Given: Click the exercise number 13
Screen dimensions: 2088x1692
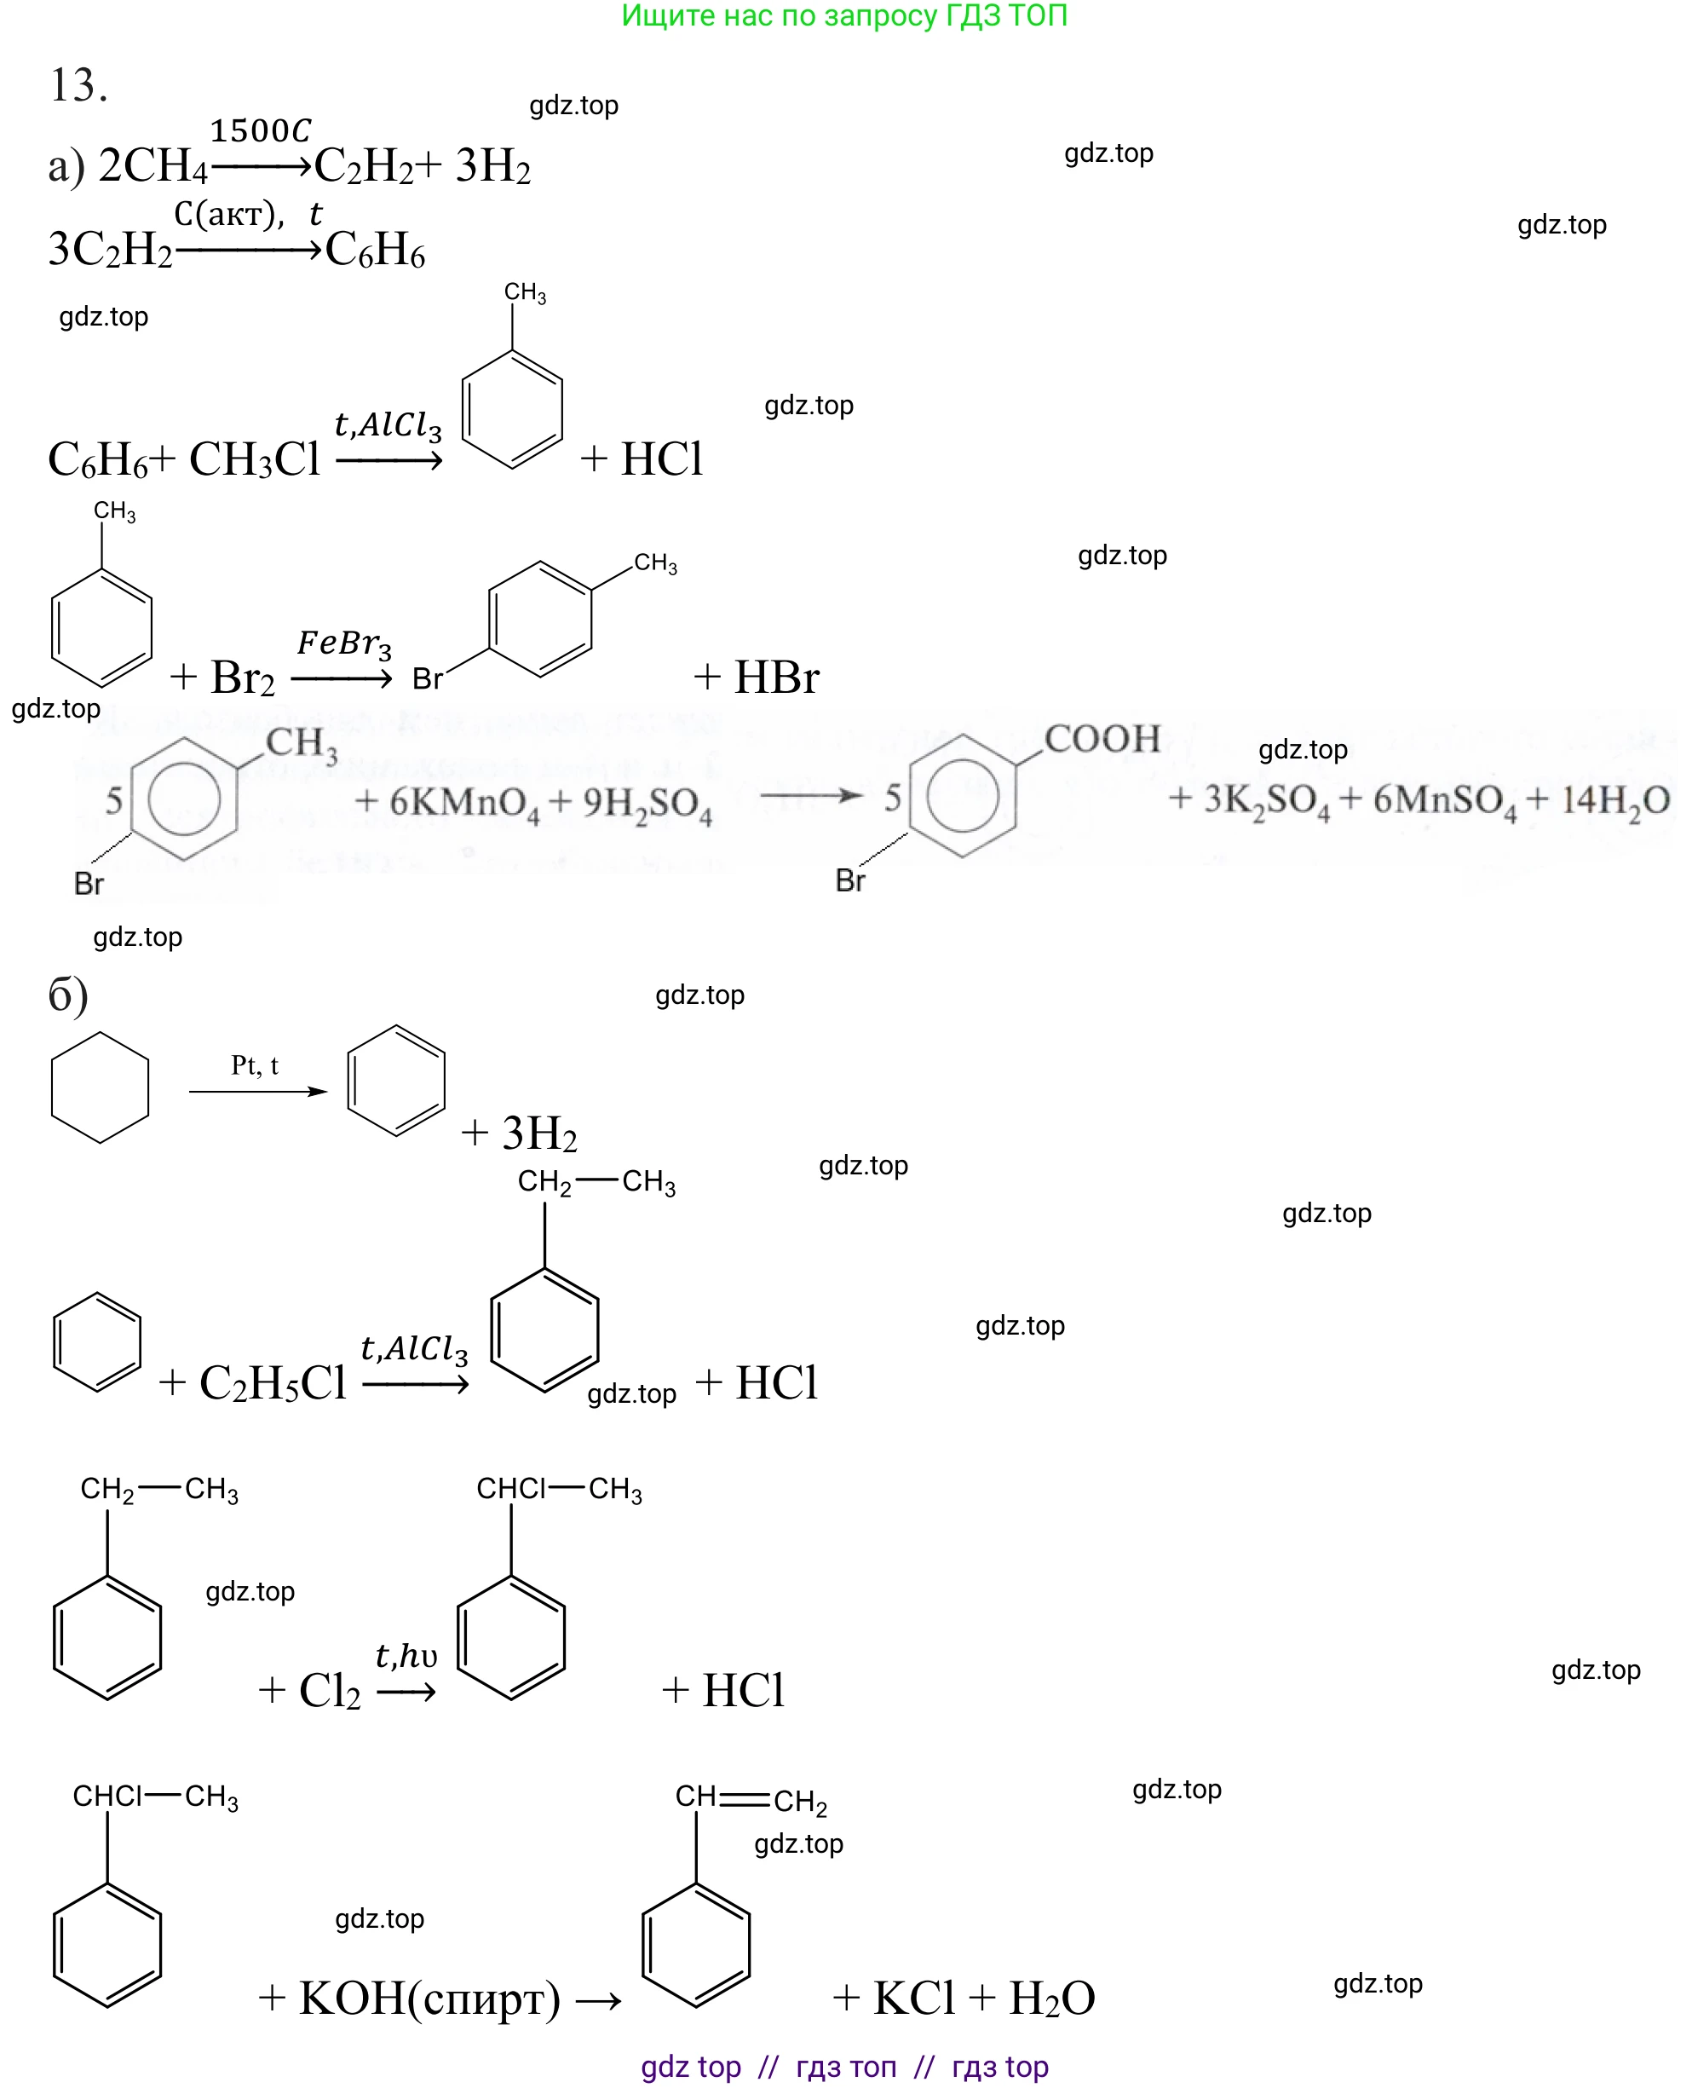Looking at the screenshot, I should point(78,86).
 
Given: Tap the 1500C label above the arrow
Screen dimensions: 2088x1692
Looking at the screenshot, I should point(260,130).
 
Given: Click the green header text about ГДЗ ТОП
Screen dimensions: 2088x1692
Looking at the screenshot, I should point(844,15).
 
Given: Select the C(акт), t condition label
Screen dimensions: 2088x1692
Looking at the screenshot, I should point(248,213).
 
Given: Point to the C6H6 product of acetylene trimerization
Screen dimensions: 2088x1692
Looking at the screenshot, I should point(375,251).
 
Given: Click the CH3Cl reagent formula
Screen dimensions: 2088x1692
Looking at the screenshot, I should point(255,459).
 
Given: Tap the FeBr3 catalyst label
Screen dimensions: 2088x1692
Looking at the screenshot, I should point(344,643).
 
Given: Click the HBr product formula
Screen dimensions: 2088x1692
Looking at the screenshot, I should point(776,678).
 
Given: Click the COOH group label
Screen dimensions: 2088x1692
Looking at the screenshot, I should point(1102,740).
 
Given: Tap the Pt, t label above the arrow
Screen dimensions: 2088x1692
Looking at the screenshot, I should point(255,1065).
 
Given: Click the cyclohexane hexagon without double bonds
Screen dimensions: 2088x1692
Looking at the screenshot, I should point(100,1087).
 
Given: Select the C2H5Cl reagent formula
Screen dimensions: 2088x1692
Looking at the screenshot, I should point(273,1383).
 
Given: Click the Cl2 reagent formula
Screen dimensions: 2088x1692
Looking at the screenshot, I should point(330,1691).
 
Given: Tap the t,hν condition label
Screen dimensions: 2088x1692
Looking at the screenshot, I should point(406,1656).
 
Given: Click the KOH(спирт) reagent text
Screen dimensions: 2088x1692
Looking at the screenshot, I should point(429,1999).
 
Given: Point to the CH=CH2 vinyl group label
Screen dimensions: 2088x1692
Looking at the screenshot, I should point(751,1797).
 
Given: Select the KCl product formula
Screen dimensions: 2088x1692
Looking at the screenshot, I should point(913,1999).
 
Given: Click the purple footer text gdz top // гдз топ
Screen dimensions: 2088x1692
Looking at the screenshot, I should point(844,2067).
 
